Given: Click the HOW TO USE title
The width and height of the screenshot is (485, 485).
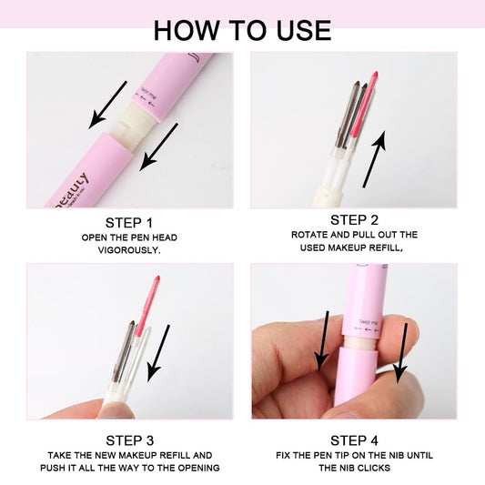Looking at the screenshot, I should (242, 29).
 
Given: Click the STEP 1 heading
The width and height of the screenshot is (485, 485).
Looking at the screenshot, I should (129, 222).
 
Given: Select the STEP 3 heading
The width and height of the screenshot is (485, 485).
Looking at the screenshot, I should (129, 440).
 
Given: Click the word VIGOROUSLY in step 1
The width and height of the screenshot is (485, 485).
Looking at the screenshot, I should (129, 251).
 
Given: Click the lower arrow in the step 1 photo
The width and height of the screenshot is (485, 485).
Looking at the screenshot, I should (158, 146).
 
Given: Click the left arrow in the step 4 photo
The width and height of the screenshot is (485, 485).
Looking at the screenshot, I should (322, 340).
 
